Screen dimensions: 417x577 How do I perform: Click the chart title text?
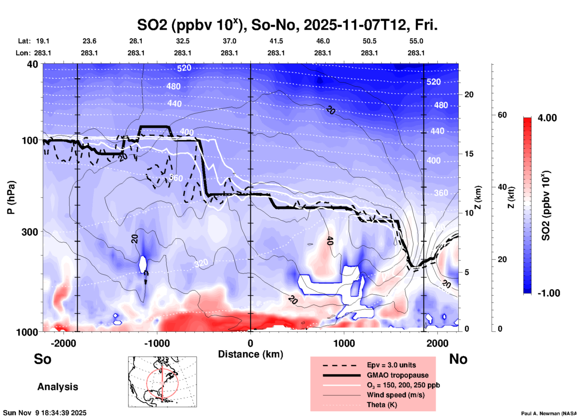(287, 25)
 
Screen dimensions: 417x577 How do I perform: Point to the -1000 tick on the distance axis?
(157, 343)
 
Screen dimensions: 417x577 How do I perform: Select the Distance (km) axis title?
(250, 354)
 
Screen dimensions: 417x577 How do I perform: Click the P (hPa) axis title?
(11, 197)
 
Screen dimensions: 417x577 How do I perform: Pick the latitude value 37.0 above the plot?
(229, 41)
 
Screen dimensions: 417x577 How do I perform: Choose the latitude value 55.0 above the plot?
(416, 41)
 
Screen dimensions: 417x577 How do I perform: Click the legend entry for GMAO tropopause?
(397, 375)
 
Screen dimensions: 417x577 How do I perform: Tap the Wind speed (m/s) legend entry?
(395, 395)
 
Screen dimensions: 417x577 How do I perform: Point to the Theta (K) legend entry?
(382, 405)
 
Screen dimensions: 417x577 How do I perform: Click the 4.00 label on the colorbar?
(547, 118)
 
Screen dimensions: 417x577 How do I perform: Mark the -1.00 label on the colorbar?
(548, 293)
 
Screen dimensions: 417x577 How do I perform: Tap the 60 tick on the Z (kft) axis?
(502, 115)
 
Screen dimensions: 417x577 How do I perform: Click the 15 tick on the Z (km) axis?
(469, 154)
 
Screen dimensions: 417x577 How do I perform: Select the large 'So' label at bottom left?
(43, 359)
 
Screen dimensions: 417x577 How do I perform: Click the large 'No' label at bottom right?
(458, 359)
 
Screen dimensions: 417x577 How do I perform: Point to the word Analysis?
(58, 387)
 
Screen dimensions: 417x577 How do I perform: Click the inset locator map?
(162, 381)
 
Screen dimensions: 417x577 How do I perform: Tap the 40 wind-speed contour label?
(330, 241)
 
